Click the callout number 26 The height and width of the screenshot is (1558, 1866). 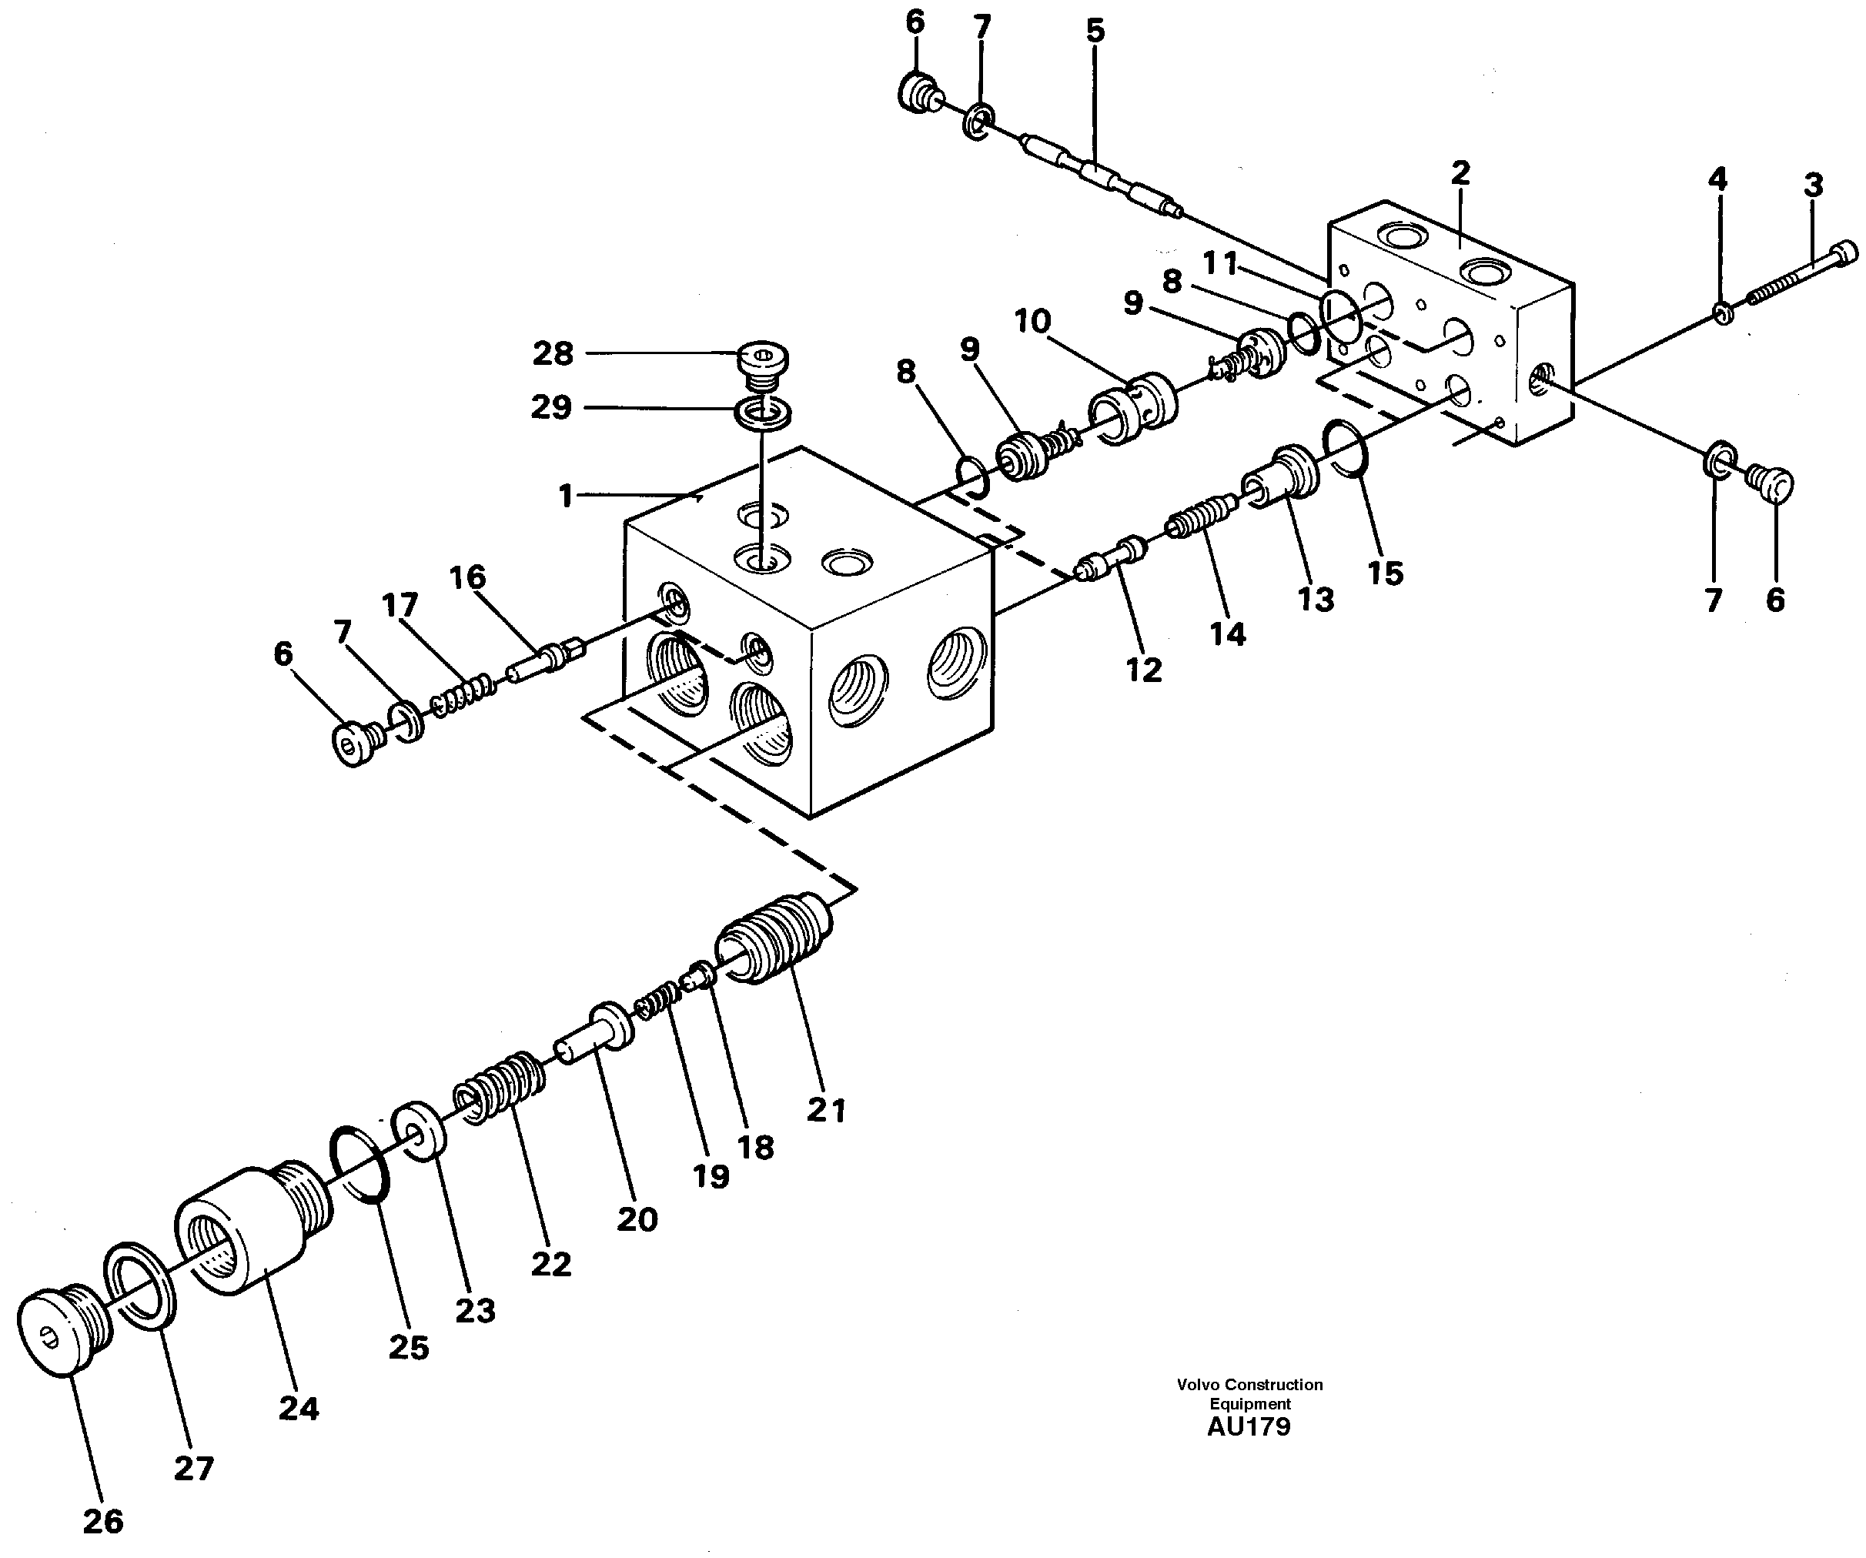pyautogui.click(x=103, y=1521)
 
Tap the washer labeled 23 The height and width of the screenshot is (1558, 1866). pyautogui.click(x=418, y=1131)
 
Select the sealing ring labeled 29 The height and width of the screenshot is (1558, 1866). pyautogui.click(x=764, y=413)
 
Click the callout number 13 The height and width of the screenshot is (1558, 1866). pyautogui.click(x=1316, y=599)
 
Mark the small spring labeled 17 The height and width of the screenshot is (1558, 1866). pyautogui.click(x=463, y=694)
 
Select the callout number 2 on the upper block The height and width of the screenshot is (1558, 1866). pyautogui.click(x=1460, y=172)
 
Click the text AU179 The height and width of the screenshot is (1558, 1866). pyautogui.click(x=1249, y=1426)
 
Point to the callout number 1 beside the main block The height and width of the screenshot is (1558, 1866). pyautogui.click(x=565, y=495)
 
